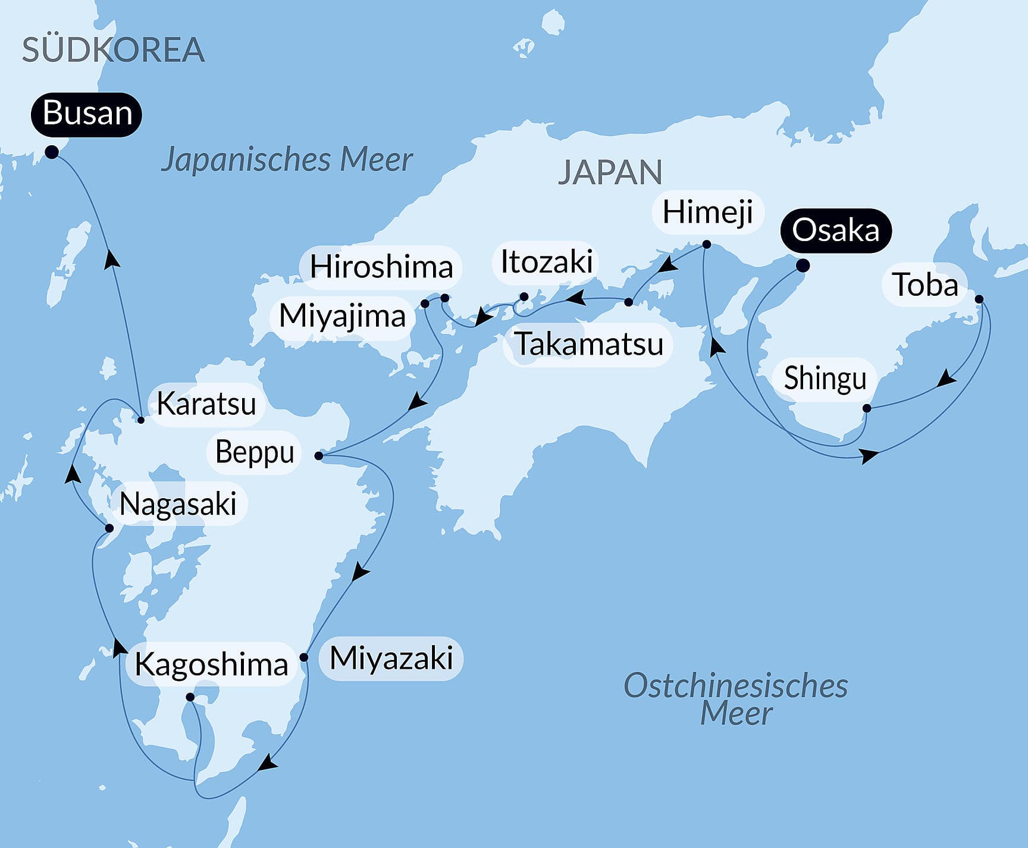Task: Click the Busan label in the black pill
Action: click(x=87, y=114)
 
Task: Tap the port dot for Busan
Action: click(x=52, y=152)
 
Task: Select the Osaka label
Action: click(x=835, y=230)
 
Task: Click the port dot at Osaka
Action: click(x=802, y=265)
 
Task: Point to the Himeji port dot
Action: click(x=706, y=244)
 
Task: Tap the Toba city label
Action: click(x=926, y=284)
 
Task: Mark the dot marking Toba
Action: click(x=979, y=299)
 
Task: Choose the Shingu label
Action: click(x=825, y=378)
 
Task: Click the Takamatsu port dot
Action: click(x=628, y=302)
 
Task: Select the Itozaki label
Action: click(x=546, y=262)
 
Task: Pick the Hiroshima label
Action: click(x=381, y=267)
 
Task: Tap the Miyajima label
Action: click(x=342, y=315)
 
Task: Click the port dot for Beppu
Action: click(x=318, y=456)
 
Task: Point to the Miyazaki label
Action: click(x=391, y=658)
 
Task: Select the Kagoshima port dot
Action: click(x=190, y=697)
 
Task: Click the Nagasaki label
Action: click(x=178, y=505)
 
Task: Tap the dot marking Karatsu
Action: click(x=141, y=420)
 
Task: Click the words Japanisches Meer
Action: click(x=287, y=159)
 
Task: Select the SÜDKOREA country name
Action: click(x=113, y=50)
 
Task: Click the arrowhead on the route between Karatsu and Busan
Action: click(x=111, y=259)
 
